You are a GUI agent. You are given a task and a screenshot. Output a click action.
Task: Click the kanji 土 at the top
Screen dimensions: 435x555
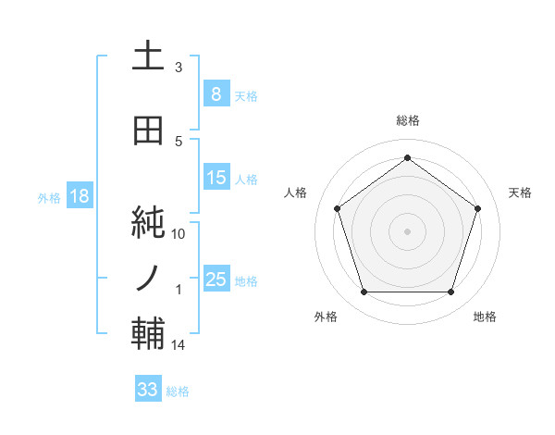pyautogui.click(x=148, y=58)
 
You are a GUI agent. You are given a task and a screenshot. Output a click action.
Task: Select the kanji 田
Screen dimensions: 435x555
pyautogui.click(x=148, y=131)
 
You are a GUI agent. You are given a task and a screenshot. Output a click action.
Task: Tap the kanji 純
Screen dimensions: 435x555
pyautogui.click(x=148, y=223)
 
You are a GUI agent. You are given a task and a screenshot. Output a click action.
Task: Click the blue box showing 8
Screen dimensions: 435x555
pyautogui.click(x=216, y=94)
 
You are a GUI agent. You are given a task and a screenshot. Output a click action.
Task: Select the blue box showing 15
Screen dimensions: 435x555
pyautogui.click(x=216, y=178)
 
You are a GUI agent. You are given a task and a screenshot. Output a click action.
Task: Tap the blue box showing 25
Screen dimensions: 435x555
pyautogui.click(x=216, y=280)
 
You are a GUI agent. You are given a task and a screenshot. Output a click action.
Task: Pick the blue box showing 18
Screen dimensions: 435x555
pyautogui.click(x=79, y=196)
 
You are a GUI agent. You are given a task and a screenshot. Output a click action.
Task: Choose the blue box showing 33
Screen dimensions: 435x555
pyautogui.click(x=148, y=390)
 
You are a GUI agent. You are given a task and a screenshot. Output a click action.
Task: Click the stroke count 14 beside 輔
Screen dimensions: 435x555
pyautogui.click(x=179, y=345)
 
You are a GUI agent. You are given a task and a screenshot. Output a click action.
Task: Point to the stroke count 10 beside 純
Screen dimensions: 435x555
pyautogui.click(x=179, y=234)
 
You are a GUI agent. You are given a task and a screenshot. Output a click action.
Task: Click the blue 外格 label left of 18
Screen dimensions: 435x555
pyautogui.click(x=49, y=197)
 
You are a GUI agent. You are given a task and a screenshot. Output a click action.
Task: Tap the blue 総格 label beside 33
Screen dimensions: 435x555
pyautogui.click(x=178, y=391)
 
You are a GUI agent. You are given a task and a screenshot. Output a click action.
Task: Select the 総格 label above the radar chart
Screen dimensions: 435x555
pyautogui.click(x=407, y=121)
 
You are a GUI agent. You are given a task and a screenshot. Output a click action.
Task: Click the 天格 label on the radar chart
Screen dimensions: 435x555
pyautogui.click(x=521, y=193)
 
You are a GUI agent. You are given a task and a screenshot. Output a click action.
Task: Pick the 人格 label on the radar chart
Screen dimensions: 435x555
pyautogui.click(x=296, y=193)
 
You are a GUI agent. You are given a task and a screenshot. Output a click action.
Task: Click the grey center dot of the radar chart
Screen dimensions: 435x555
pyautogui.click(x=407, y=230)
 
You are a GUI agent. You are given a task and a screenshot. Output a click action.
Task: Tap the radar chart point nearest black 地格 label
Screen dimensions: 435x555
pyautogui.click(x=450, y=292)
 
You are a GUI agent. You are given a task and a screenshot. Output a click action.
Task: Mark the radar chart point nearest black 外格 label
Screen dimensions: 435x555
pyautogui.click(x=364, y=292)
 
